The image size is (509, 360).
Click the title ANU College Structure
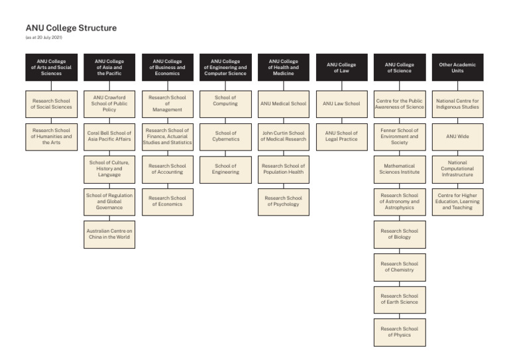click(71, 28)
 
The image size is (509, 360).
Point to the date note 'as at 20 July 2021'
click(44, 38)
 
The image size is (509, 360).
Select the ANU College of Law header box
click(341, 68)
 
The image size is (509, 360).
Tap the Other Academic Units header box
click(457, 68)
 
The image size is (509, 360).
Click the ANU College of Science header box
click(400, 68)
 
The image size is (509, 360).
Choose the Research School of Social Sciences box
click(51, 104)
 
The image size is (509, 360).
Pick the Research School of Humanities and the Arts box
click(51, 137)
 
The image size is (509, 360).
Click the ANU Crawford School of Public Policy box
click(109, 104)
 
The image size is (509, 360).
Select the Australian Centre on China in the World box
click(109, 234)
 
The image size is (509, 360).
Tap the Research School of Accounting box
click(168, 169)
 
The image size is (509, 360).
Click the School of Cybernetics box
click(225, 137)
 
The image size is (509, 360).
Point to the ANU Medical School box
click(284, 104)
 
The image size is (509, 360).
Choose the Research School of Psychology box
click(284, 202)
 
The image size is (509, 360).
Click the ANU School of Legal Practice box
click(341, 137)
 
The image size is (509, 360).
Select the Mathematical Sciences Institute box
click(400, 169)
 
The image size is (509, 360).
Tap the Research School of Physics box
click(400, 331)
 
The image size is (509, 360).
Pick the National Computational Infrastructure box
click(457, 169)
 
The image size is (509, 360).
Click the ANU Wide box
click(457, 137)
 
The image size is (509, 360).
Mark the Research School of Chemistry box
click(400, 267)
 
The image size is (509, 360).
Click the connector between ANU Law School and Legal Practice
click(341, 121)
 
